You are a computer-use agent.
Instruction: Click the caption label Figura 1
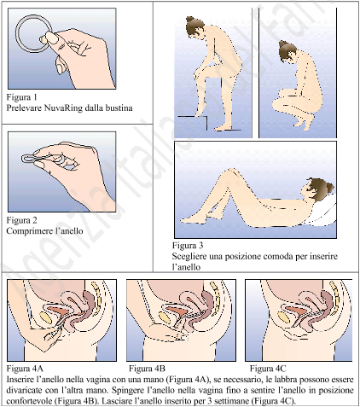point(21,97)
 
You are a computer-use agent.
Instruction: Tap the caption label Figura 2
point(21,220)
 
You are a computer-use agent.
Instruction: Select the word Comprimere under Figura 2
point(26,231)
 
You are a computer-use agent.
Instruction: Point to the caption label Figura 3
point(188,246)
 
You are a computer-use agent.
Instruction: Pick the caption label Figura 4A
point(25,369)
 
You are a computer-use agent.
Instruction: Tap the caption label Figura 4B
point(147,369)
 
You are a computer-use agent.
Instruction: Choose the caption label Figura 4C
point(268,369)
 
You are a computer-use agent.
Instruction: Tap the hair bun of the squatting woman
point(283,44)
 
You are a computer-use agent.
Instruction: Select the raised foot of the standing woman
point(201,109)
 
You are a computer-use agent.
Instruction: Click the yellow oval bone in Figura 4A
point(46,317)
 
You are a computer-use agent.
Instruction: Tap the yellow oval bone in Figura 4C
point(283,317)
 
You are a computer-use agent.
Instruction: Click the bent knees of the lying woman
point(232,172)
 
